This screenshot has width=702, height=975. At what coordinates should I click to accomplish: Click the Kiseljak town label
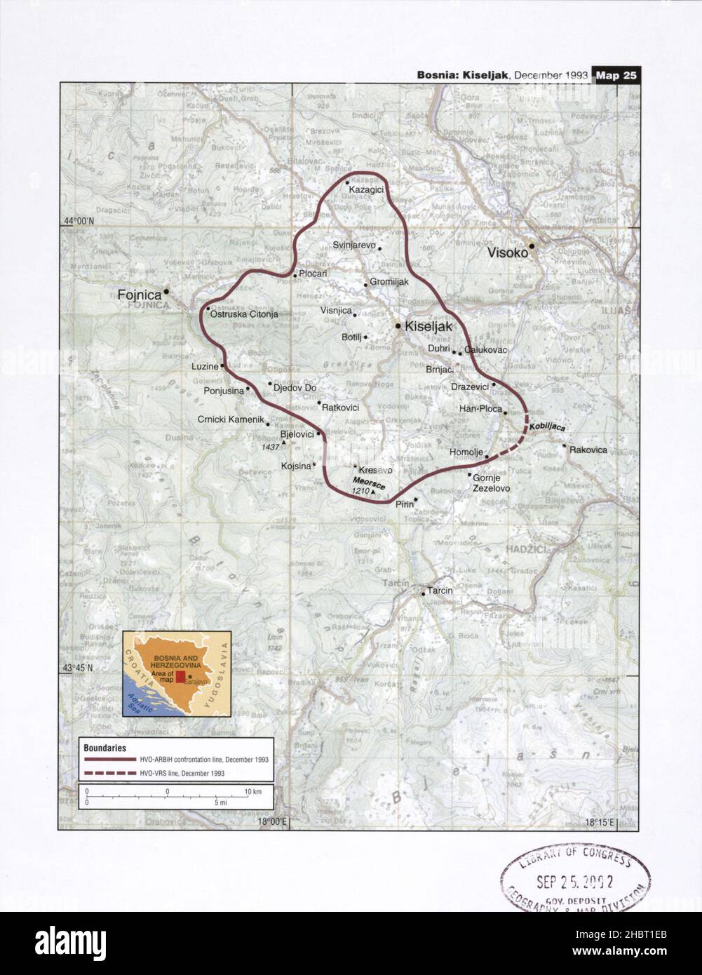click(430, 327)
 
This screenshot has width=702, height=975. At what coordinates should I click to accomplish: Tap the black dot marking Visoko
click(532, 246)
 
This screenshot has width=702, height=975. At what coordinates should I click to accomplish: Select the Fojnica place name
click(140, 296)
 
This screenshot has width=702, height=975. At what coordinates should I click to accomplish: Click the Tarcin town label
click(440, 591)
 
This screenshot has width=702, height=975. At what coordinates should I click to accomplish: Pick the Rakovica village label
click(588, 450)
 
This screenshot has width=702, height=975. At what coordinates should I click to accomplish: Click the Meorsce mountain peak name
click(369, 482)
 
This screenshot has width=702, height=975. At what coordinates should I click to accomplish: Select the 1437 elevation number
click(270, 447)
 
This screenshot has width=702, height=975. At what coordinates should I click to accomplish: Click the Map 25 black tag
click(616, 76)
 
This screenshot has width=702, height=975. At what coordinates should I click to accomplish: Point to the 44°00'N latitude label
click(79, 221)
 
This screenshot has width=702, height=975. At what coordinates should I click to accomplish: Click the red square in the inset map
click(180, 676)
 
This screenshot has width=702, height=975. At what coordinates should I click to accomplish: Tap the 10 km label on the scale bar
click(252, 791)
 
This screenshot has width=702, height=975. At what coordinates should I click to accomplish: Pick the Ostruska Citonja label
click(244, 314)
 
